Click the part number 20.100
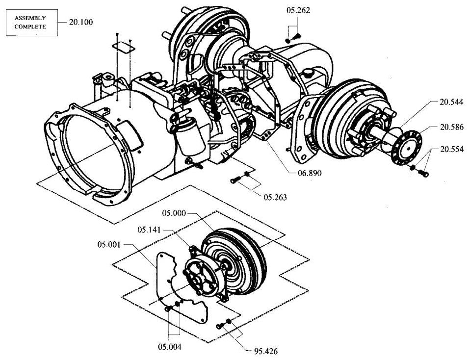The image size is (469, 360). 81,22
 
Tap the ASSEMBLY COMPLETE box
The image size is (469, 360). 32,23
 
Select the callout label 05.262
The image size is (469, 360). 298,10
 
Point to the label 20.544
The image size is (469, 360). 451,102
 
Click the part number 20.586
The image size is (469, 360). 451,127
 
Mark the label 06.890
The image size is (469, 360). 309,173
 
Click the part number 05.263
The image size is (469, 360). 275,197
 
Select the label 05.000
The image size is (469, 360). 174,213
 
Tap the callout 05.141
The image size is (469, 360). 149,230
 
